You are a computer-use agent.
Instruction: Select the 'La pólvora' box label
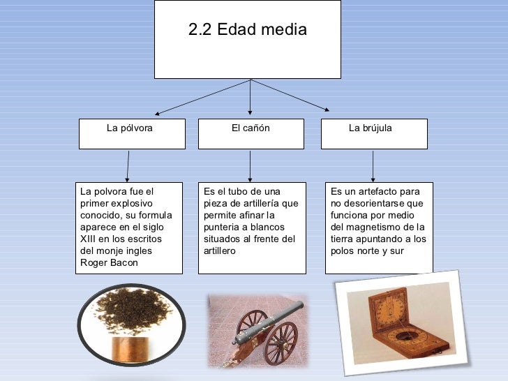pos(129,128)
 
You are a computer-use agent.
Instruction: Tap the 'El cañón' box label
pos(251,128)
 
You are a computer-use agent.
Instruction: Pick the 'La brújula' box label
pos(370,128)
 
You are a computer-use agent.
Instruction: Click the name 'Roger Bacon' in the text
pos(110,263)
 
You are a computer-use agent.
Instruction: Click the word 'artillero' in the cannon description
pos(220,251)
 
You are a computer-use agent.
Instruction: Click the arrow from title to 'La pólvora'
pos(202,96)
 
